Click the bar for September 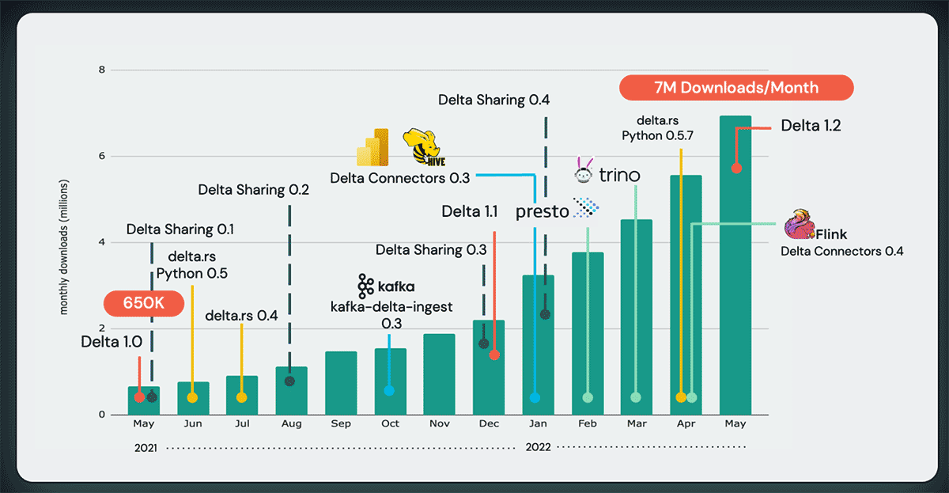(341, 383)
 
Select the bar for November (439, 374)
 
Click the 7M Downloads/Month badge (736, 87)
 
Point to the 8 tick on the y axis (100, 70)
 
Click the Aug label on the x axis (291, 424)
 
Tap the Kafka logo (365, 286)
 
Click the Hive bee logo (419, 148)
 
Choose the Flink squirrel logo (798, 225)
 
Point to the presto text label (542, 211)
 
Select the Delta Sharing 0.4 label (493, 100)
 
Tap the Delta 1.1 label (469, 211)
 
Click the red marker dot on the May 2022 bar (736, 169)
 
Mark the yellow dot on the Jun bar (192, 397)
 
